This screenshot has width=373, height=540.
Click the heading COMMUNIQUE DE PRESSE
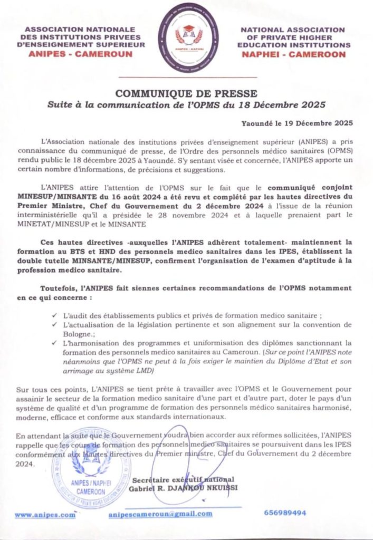(x=186, y=94)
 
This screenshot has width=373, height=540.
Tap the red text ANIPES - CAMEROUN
(x=81, y=54)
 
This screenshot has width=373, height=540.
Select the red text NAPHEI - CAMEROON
(x=294, y=54)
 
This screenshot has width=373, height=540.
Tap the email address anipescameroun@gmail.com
(x=160, y=514)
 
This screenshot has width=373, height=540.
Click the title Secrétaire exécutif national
(x=183, y=479)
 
